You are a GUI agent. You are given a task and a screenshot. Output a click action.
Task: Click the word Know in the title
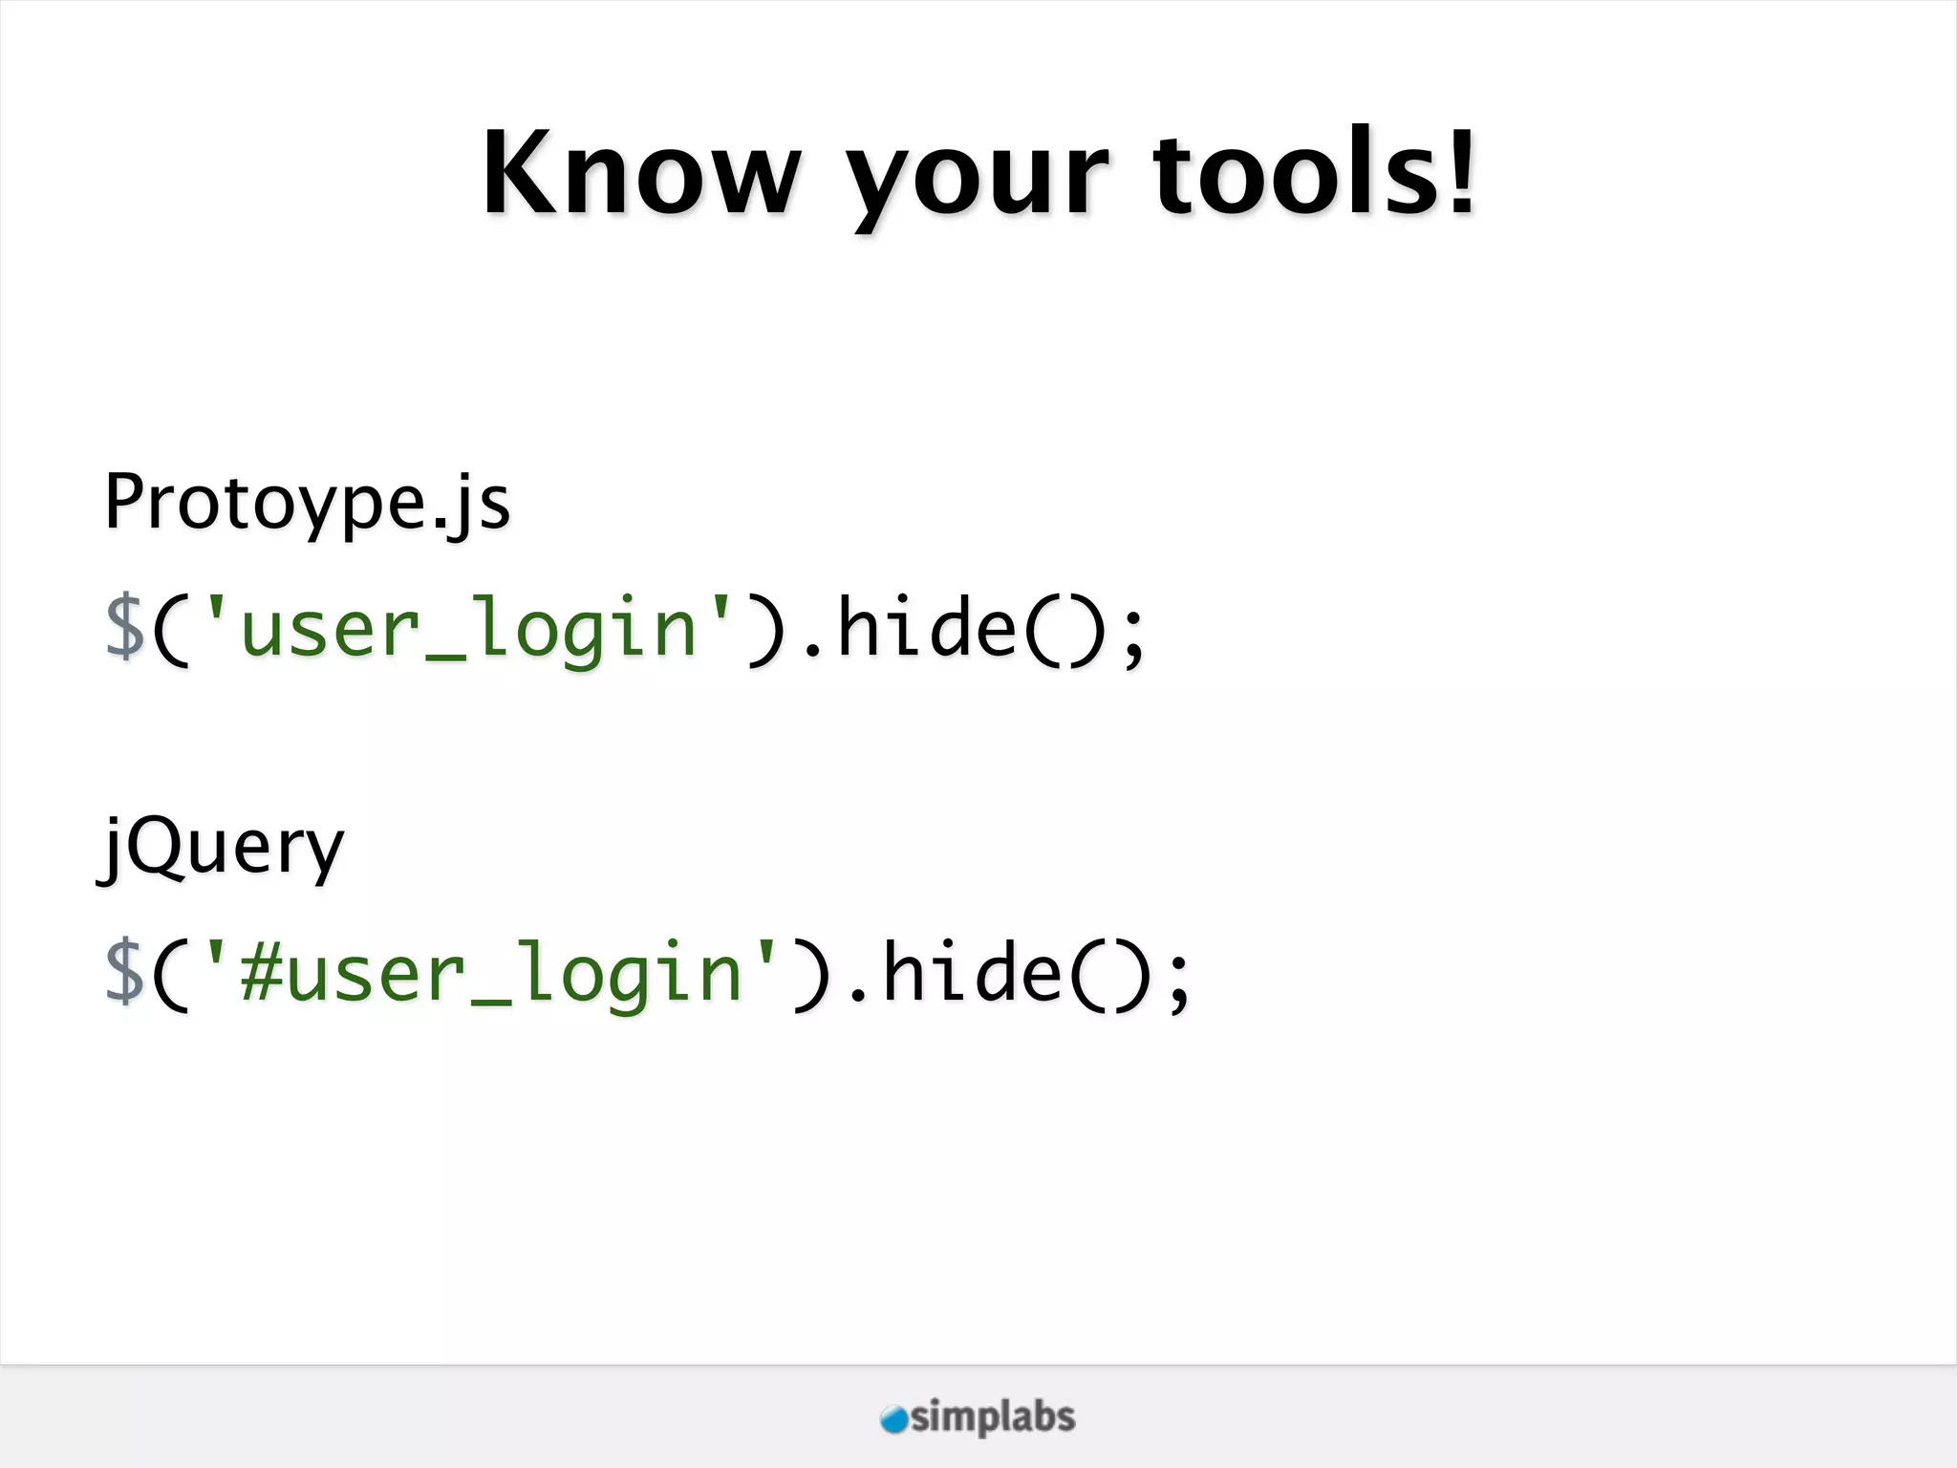tap(641, 175)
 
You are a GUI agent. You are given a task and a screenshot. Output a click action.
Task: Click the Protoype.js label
tap(307, 503)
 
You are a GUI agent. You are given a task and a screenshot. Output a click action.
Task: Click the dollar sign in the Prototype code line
tap(124, 627)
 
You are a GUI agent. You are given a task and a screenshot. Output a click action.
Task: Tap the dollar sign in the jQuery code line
tap(124, 972)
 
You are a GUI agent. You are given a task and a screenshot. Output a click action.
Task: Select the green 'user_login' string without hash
tap(468, 629)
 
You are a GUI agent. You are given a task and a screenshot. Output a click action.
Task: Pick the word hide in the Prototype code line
tap(927, 627)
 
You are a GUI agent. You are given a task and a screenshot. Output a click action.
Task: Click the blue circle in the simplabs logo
tap(893, 1419)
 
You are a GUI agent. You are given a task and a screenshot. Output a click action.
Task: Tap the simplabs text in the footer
tap(993, 1417)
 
